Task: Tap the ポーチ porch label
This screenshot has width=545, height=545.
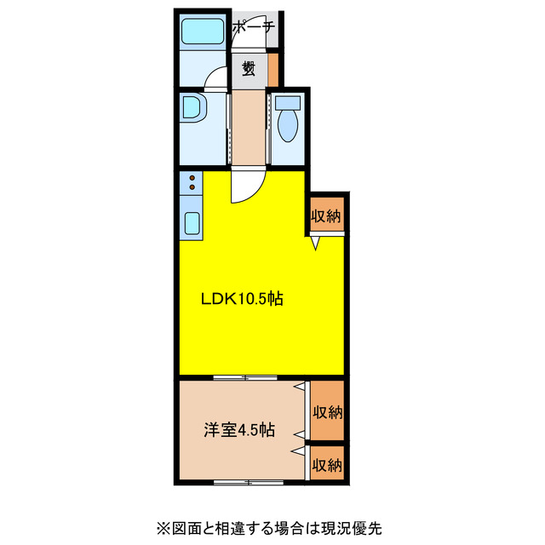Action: point(254,27)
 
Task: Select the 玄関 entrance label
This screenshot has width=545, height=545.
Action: point(249,68)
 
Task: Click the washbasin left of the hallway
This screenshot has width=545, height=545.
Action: point(193,108)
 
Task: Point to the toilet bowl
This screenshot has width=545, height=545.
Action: point(287,126)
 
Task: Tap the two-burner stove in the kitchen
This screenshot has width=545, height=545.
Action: point(192,181)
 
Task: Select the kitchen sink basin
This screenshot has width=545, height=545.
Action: point(192,223)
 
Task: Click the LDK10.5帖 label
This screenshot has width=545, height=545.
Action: point(241,299)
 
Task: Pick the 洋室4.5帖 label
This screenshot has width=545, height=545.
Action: point(238,430)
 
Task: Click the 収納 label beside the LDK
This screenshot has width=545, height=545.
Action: point(325,215)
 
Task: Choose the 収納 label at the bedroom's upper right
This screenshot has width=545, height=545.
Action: point(326,413)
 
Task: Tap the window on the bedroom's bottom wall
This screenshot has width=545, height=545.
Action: point(247,482)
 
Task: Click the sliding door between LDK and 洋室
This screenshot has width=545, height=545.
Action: point(245,376)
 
